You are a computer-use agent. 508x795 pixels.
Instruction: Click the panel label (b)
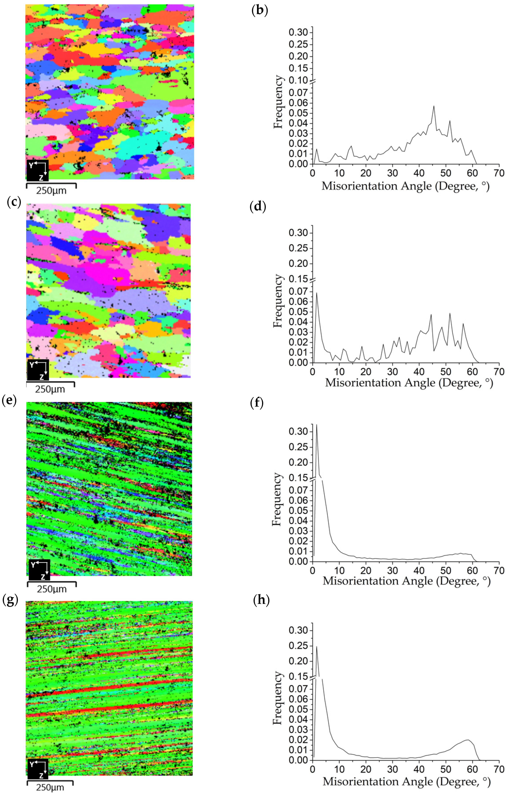point(259,11)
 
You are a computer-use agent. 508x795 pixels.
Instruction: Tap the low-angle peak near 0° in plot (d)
point(316,293)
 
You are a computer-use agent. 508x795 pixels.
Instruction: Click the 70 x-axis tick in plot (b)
point(499,173)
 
